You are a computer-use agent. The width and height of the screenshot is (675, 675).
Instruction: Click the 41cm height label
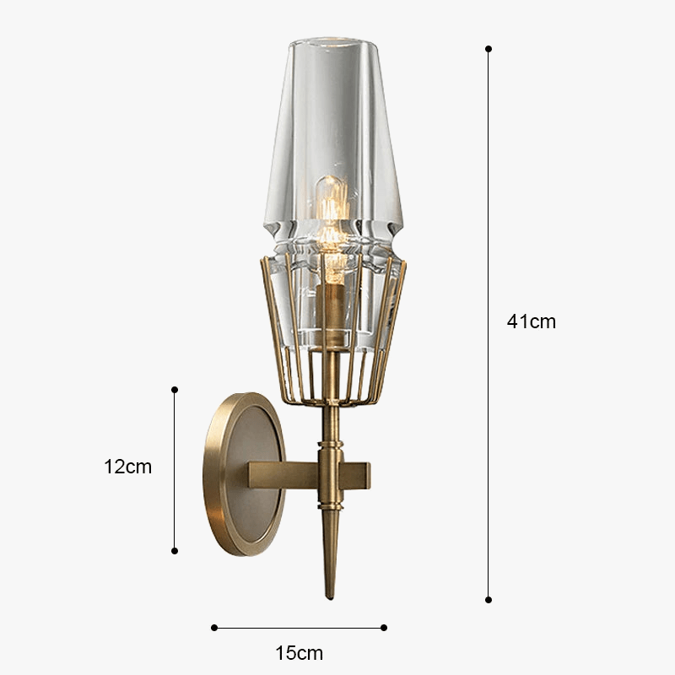(x=532, y=321)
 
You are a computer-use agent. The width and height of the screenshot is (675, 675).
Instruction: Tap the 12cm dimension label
(x=128, y=467)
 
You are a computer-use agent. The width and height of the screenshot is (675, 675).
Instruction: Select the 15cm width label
(x=300, y=653)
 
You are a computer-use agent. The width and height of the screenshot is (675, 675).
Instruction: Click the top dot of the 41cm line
(x=489, y=49)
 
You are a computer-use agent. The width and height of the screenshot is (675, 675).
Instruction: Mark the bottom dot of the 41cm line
(x=489, y=600)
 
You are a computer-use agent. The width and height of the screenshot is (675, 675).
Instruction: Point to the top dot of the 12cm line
(x=175, y=390)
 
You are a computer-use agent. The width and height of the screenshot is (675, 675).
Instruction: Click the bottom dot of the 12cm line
(x=175, y=551)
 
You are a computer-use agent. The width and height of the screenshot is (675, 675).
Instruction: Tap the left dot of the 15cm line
(x=214, y=628)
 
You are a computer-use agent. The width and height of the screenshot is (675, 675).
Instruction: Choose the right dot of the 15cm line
(x=384, y=628)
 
